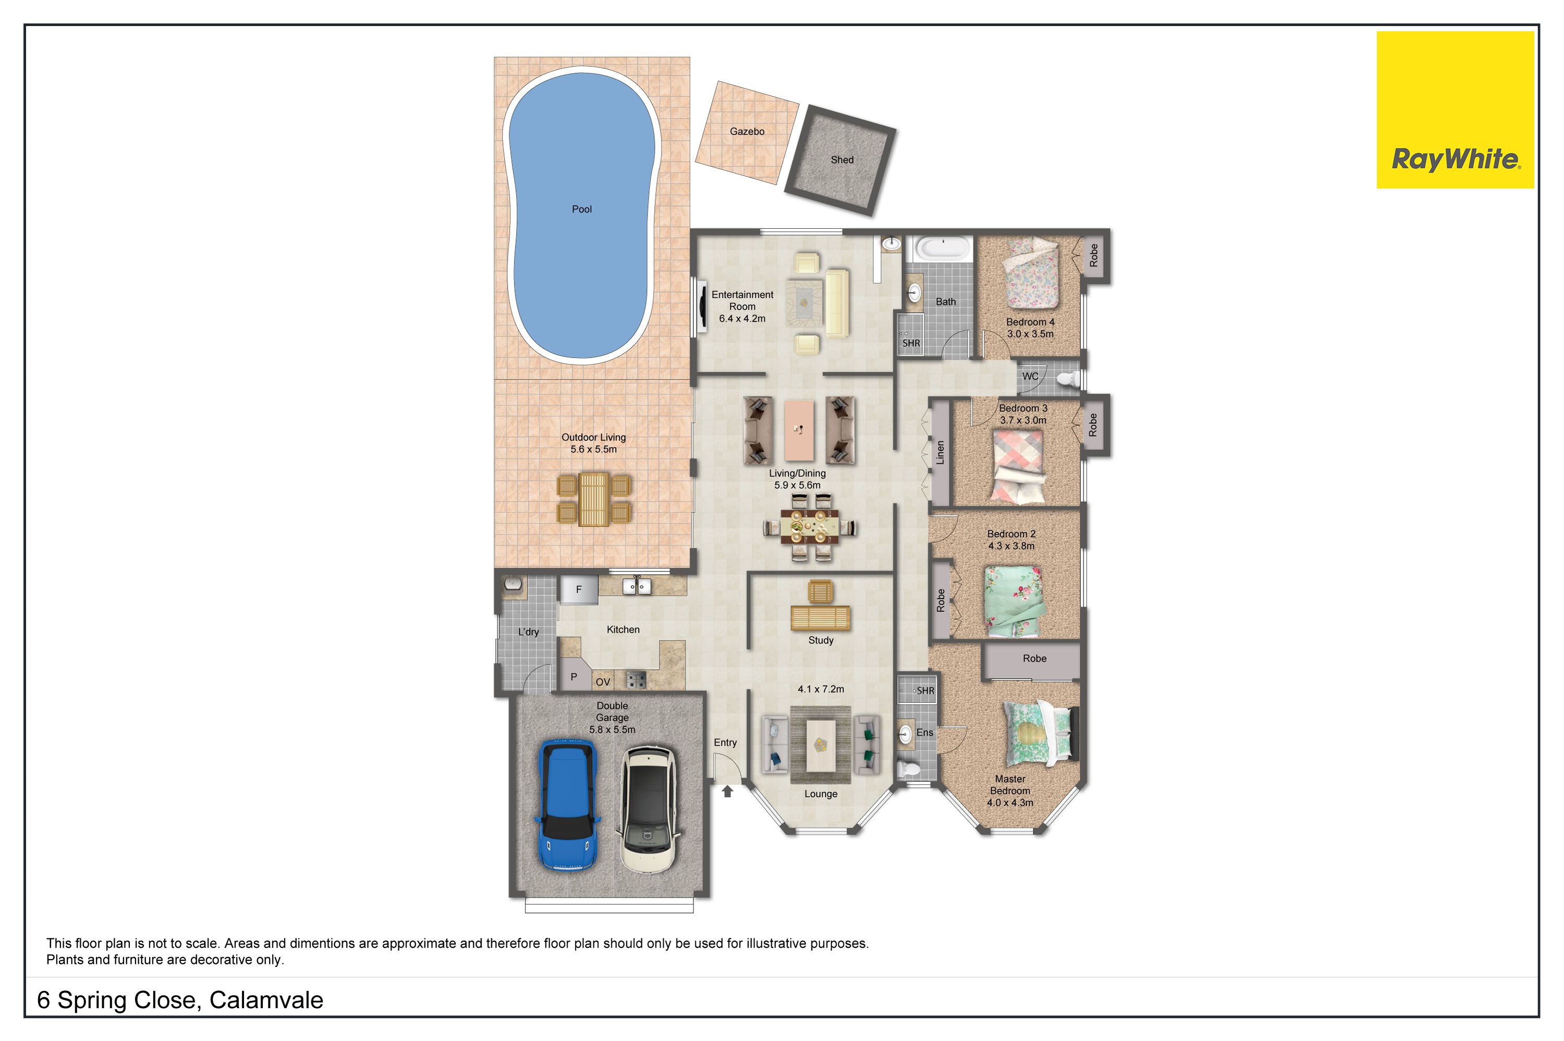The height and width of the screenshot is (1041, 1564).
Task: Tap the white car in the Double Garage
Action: click(x=647, y=809)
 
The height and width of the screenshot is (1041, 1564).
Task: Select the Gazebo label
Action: click(x=747, y=131)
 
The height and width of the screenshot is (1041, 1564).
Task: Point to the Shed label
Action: click(x=841, y=160)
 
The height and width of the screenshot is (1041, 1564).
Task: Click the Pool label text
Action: click(x=582, y=209)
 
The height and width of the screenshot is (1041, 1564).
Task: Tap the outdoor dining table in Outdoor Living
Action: click(x=593, y=499)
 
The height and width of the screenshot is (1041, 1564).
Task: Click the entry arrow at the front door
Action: click(x=727, y=791)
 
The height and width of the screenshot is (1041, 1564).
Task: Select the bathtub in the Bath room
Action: click(x=943, y=249)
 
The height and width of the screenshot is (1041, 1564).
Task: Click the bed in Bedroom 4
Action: click(x=1030, y=274)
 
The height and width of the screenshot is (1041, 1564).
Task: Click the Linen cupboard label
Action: click(x=940, y=452)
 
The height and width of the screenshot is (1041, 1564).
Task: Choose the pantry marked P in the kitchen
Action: click(x=573, y=676)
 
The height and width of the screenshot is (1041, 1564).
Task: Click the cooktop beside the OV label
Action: click(x=636, y=679)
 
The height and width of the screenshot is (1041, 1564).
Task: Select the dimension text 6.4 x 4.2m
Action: click(x=742, y=319)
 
